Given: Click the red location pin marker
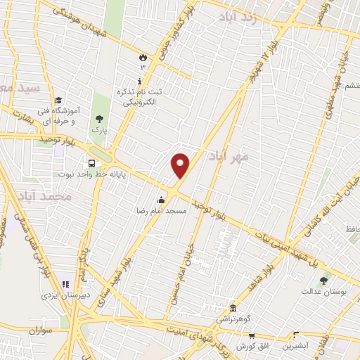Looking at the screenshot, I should (181, 166).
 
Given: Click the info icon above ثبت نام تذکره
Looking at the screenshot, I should (139, 81).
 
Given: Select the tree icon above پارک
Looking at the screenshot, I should (98, 117).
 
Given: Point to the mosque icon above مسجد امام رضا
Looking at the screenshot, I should (162, 198).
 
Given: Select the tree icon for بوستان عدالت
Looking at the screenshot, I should (323, 281).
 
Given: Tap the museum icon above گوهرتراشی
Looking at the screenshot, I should (233, 307).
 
